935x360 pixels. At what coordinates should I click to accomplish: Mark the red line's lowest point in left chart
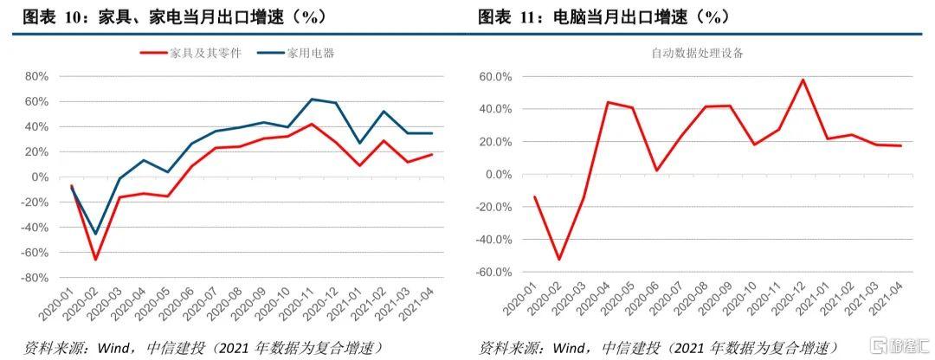click(x=95, y=259)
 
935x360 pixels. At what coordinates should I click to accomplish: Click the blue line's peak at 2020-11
click(x=312, y=100)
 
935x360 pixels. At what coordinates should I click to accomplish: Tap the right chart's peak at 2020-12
click(x=803, y=80)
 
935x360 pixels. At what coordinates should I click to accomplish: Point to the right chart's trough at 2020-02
click(x=558, y=259)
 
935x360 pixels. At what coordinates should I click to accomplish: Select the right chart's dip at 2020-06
click(x=656, y=170)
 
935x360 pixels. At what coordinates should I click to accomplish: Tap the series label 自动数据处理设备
click(x=697, y=53)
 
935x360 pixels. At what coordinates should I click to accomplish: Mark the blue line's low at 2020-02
click(x=95, y=233)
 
